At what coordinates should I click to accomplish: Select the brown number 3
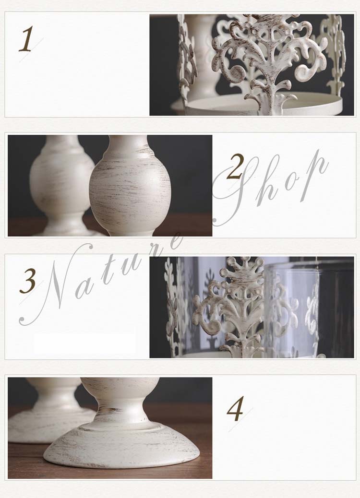(x=27, y=281)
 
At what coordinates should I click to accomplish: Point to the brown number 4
(x=235, y=409)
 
